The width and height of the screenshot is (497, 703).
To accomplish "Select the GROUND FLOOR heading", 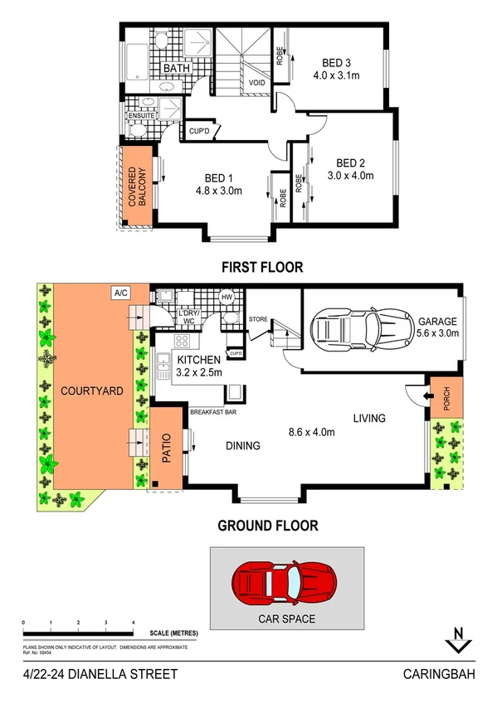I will [x=267, y=525].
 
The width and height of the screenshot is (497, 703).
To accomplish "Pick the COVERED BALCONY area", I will [x=135, y=184].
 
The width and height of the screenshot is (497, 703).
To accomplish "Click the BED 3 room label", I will [x=338, y=62].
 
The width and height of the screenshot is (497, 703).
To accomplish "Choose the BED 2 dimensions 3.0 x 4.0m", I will [x=350, y=175].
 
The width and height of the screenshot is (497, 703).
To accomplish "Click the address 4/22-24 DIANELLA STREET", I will [x=100, y=675].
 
